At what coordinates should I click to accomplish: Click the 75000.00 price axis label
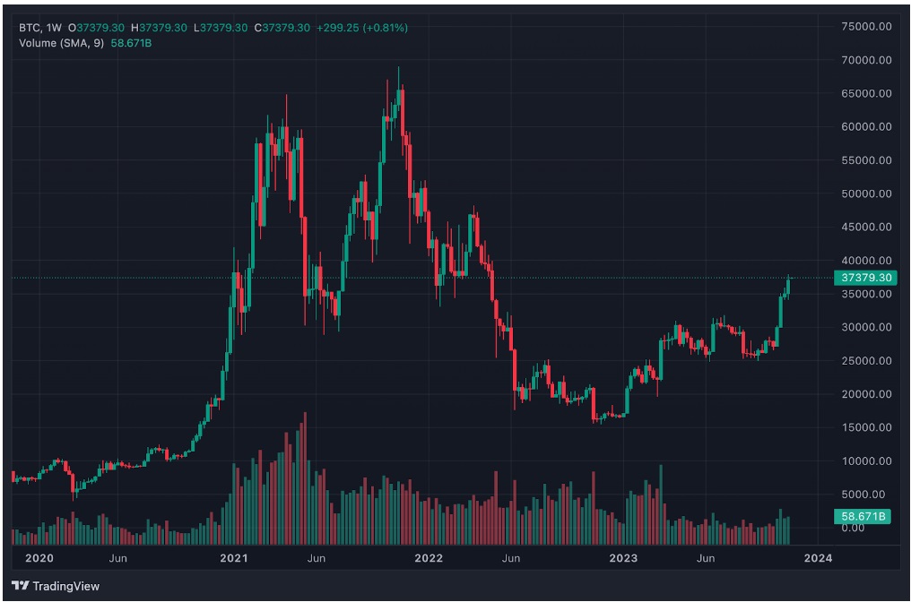pyautogui.click(x=865, y=27)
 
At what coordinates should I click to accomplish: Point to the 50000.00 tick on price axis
pyautogui.click(x=865, y=193)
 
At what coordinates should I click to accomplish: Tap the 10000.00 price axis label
pyautogui.click(x=865, y=460)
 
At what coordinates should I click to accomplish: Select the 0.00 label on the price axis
pyautogui.click(x=853, y=528)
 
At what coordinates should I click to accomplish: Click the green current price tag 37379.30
pyautogui.click(x=865, y=278)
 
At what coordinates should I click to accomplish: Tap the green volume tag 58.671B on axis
pyautogui.click(x=865, y=517)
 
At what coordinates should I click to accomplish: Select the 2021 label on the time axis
pyautogui.click(x=234, y=558)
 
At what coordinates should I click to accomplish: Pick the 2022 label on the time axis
pyautogui.click(x=429, y=558)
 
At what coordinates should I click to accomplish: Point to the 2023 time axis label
pyautogui.click(x=623, y=558)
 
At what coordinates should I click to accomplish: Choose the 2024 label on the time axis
pyautogui.click(x=818, y=558)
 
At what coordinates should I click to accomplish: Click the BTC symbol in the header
pyautogui.click(x=30, y=28)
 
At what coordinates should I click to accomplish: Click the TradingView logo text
pyautogui.click(x=65, y=586)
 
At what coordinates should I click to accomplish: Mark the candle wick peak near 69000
pyautogui.click(x=398, y=68)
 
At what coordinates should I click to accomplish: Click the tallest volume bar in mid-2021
pyautogui.click(x=305, y=415)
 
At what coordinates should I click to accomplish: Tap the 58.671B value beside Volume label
pyautogui.click(x=132, y=42)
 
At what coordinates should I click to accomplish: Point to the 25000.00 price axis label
pyautogui.click(x=865, y=360)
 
